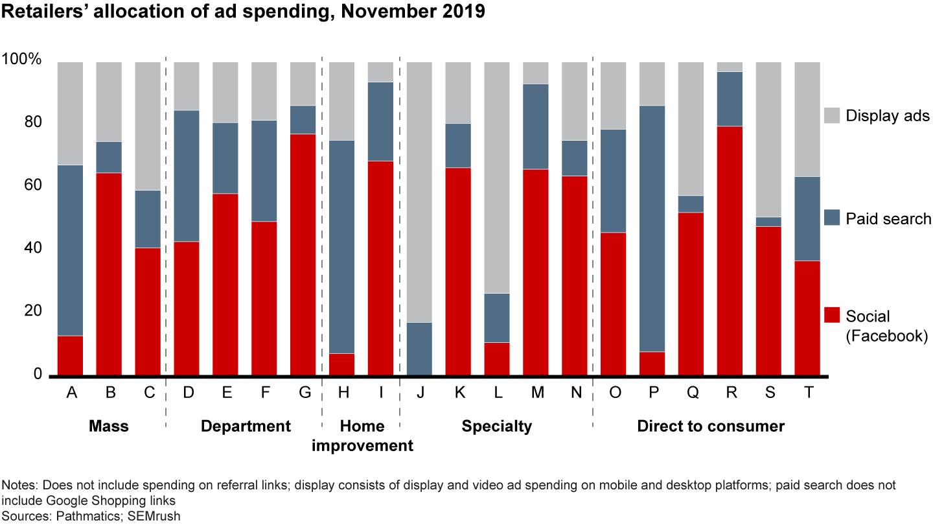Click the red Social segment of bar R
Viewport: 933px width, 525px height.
coord(730,250)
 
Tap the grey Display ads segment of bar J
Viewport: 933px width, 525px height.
coord(419,192)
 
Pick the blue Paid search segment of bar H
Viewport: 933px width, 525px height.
coord(342,246)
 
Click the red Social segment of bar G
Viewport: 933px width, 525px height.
coord(303,254)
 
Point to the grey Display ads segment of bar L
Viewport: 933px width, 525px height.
coord(497,178)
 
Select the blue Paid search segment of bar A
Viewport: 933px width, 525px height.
coord(71,250)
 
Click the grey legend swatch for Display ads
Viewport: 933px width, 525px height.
coord(832,116)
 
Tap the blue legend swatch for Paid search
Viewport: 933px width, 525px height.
coord(832,218)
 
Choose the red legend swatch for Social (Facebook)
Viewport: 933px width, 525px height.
coord(832,316)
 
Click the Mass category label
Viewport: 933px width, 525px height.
coord(109,426)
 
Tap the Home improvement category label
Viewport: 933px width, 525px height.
coord(362,436)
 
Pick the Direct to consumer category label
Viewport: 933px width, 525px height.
coord(711,426)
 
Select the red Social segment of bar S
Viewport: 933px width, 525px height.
coord(768,300)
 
